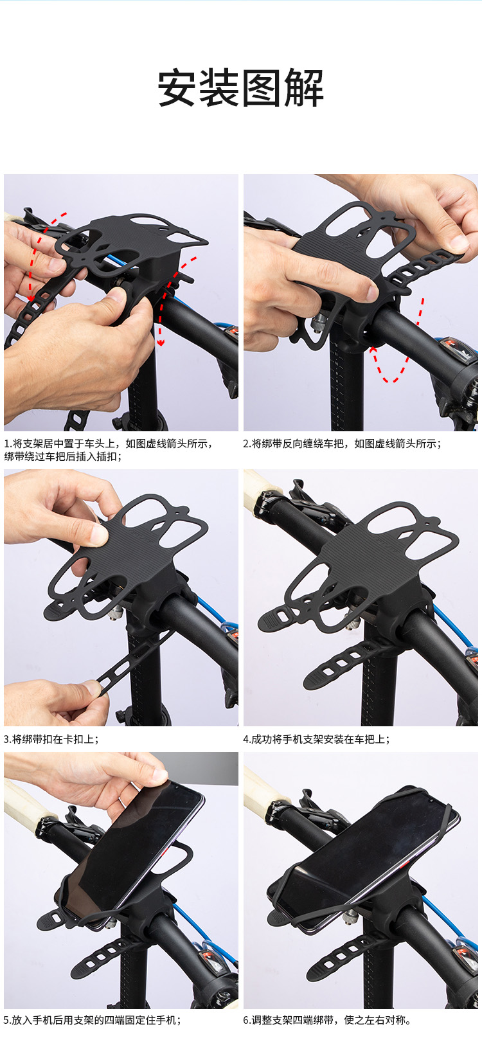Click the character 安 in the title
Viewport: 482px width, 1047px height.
(177, 88)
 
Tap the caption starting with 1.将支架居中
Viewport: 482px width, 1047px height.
(109, 450)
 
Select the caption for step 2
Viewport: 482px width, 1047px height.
(342, 443)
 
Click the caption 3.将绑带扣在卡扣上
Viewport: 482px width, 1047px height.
(51, 739)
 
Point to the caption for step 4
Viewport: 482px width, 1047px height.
(316, 739)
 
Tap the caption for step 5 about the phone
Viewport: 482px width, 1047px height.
(92, 1020)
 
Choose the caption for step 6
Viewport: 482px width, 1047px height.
(326, 1020)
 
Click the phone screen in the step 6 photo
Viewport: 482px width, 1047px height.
(364, 839)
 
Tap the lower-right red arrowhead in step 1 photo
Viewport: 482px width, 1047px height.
(161, 343)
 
